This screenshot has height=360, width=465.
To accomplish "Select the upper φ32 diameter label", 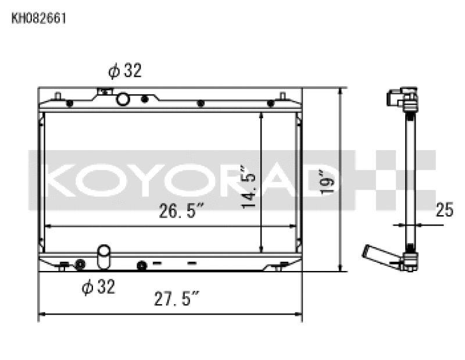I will [124, 72].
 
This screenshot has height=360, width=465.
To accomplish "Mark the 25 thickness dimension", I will [444, 210].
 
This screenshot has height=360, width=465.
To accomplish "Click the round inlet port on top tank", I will [123, 99].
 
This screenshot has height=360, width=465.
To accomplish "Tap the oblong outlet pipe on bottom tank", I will [104, 257].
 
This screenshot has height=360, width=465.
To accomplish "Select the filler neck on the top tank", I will [105, 91].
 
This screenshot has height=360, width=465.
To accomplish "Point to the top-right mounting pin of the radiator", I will [282, 96].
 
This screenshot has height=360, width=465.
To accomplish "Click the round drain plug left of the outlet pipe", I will [80, 265].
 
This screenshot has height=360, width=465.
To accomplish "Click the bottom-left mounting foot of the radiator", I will [63, 267].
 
